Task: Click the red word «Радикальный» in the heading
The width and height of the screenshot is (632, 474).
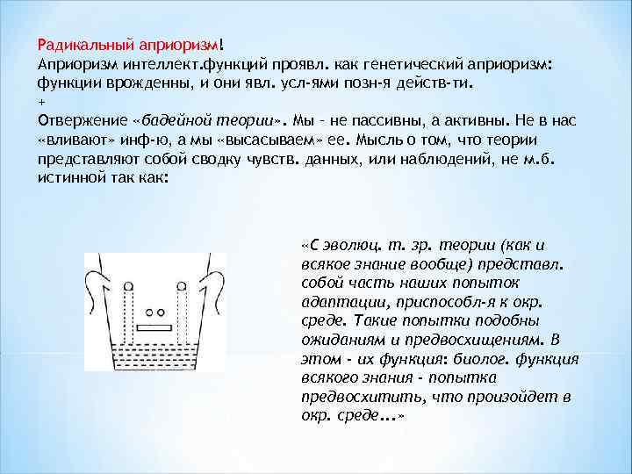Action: pyautogui.click(x=80, y=44)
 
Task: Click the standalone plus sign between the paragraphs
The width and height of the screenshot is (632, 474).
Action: pyautogui.click(x=41, y=103)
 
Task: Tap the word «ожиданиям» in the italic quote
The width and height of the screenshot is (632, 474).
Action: pyautogui.click(x=340, y=339)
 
